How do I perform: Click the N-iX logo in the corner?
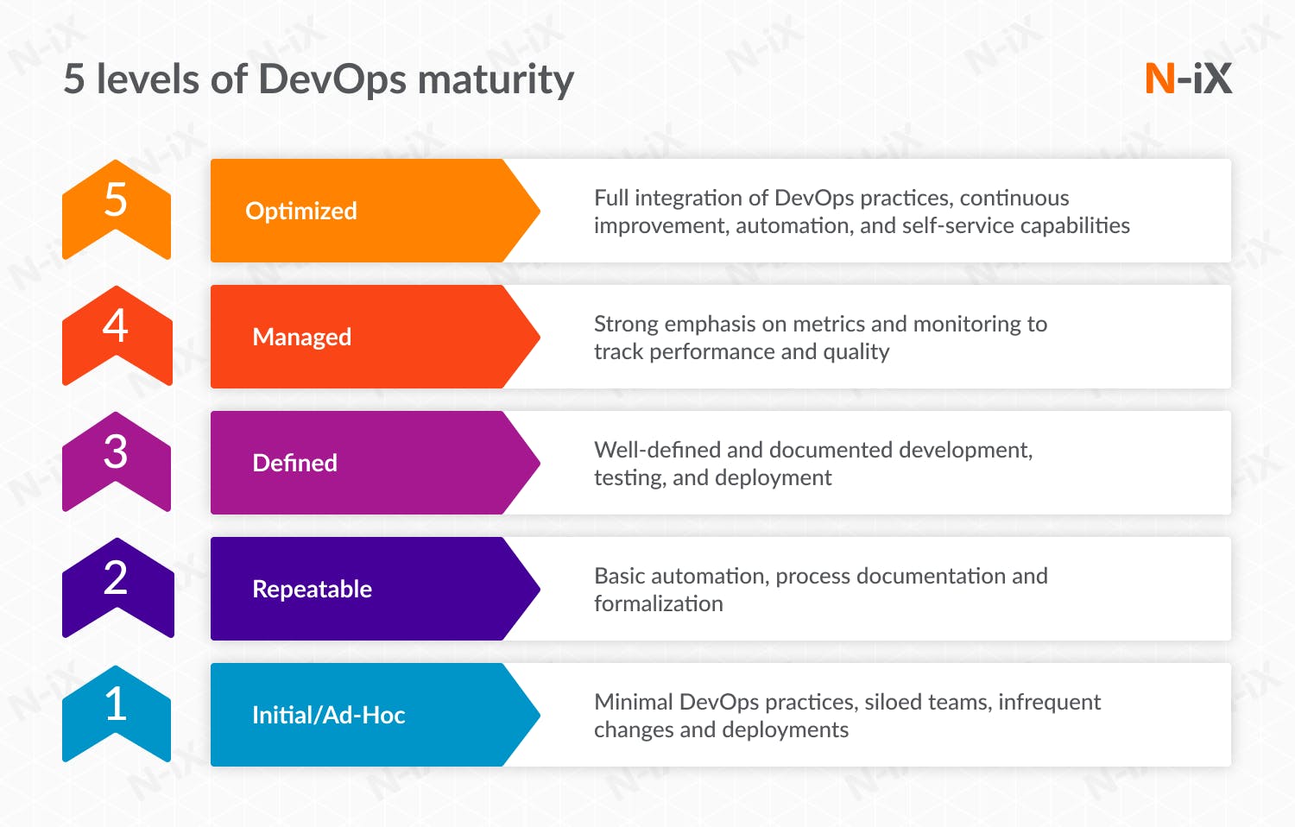coord(1188,79)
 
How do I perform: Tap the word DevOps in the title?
coord(332,79)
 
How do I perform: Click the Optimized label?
coord(301,211)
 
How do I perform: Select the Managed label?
coord(302,337)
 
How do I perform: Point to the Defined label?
coord(294,463)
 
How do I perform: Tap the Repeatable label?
coord(312,589)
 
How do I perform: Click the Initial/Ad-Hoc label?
coord(328,715)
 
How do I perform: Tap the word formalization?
coord(658,604)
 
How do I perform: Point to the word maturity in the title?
coord(496,79)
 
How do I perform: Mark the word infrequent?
coord(1049,702)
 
